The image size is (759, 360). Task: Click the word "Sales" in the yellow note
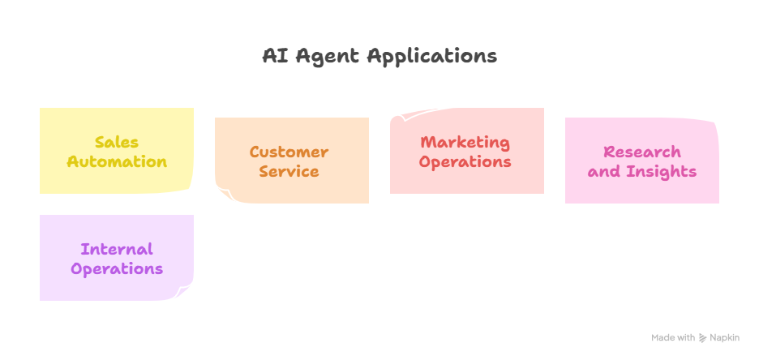(117, 142)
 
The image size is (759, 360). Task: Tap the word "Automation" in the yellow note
(117, 161)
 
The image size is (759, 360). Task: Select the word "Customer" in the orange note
(289, 152)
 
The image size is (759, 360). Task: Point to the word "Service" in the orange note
(289, 171)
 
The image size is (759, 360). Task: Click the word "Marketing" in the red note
(465, 142)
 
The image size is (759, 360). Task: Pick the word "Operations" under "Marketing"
(465, 161)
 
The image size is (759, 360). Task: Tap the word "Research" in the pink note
(642, 152)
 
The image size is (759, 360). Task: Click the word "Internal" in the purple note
(117, 249)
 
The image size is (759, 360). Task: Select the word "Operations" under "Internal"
(117, 268)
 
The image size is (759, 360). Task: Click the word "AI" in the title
(274, 56)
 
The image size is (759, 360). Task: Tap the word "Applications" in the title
(431, 57)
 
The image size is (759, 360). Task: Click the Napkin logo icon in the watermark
(702, 338)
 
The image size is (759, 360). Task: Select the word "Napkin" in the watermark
(724, 338)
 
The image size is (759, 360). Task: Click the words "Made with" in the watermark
(673, 338)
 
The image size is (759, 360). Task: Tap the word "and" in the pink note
(602, 171)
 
